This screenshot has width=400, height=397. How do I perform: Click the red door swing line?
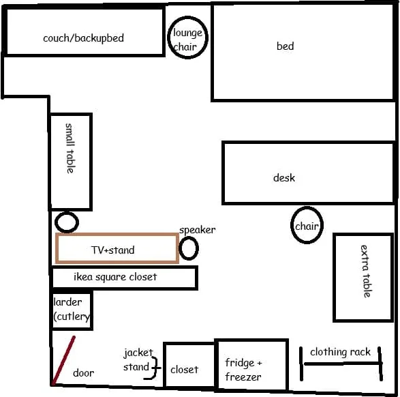click(63, 360)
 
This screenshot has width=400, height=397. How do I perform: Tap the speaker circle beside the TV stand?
click(180, 248)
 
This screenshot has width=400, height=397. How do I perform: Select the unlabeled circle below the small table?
click(56, 222)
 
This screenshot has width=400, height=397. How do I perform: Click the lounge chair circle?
click(168, 38)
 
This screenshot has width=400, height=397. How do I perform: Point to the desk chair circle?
click(292, 225)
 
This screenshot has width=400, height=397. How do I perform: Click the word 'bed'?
click(286, 46)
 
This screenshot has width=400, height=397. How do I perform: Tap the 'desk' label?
click(284, 177)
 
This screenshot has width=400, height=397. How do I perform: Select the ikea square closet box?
click(125, 267)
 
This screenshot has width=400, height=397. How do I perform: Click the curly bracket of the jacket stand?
click(155, 368)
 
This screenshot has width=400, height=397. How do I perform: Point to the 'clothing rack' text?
click(340, 352)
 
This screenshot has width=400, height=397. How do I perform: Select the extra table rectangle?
click(335, 277)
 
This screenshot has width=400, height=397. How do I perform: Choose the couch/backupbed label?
click(83, 38)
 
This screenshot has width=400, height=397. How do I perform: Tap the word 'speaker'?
click(197, 230)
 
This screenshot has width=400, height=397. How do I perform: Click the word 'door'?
click(83, 372)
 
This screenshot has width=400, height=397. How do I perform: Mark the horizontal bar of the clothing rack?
click(341, 364)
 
